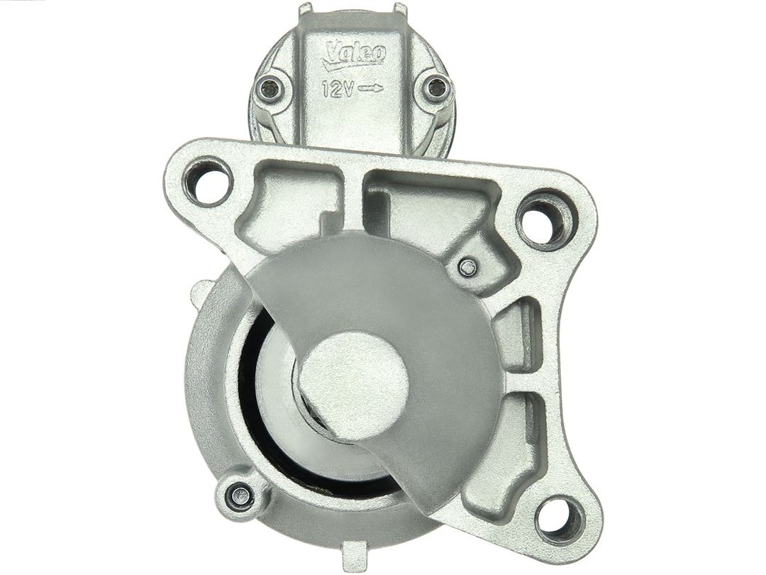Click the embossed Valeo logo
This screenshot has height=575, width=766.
(x=353, y=55)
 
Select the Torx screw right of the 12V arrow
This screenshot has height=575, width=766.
(x=435, y=88)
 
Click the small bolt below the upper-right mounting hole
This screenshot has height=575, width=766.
(x=466, y=268)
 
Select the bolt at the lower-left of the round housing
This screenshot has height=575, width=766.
(x=240, y=491)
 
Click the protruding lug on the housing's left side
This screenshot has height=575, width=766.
(x=202, y=292)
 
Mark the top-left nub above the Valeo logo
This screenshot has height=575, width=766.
(x=305, y=9)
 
